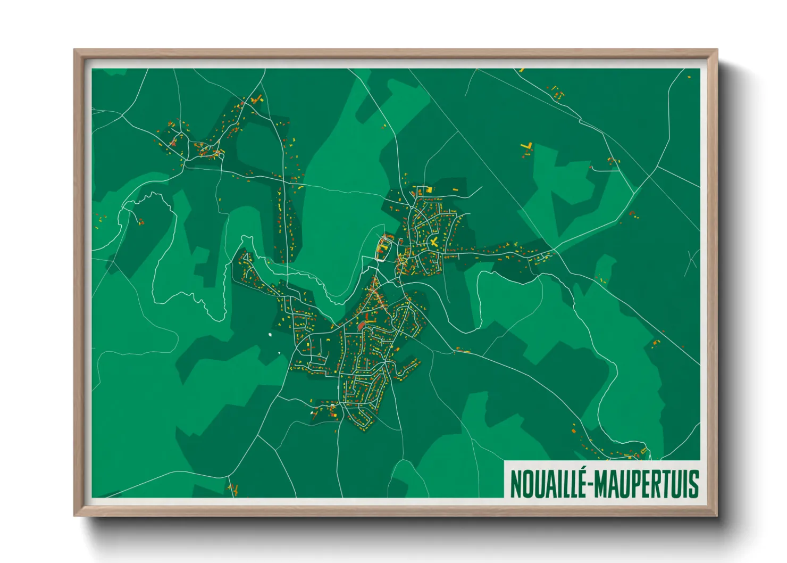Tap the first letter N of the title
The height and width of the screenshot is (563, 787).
(x=515, y=484)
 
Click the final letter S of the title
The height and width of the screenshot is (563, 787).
(x=693, y=484)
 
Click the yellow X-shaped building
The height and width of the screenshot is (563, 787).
(x=434, y=242)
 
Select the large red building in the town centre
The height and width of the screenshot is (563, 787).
(x=362, y=324)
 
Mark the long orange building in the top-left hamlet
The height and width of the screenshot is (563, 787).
(x=172, y=143)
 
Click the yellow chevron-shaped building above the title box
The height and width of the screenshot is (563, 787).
(x=644, y=451)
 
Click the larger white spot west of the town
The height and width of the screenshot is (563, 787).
(x=270, y=335)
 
